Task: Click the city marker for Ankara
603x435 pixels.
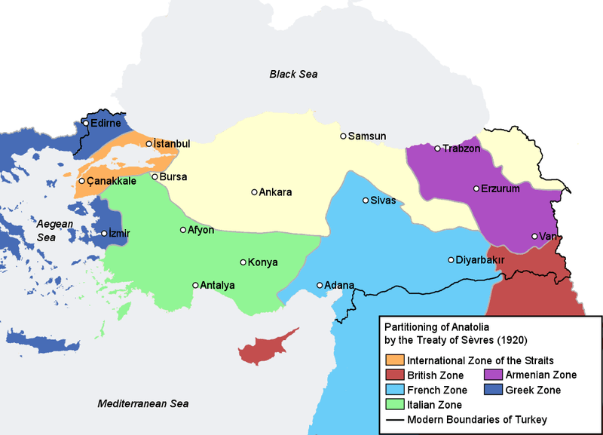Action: click(x=254, y=192)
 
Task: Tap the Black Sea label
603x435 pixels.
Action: click(x=294, y=74)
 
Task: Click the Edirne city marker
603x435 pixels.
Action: click(x=86, y=123)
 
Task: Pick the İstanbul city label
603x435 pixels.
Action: click(x=172, y=144)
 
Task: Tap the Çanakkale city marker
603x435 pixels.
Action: click(x=81, y=181)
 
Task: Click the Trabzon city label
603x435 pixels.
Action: click(x=461, y=149)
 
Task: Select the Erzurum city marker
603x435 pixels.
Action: click(x=476, y=188)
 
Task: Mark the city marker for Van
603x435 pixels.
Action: click(x=534, y=236)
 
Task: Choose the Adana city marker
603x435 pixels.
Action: click(x=320, y=285)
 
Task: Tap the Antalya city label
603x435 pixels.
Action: click(x=218, y=286)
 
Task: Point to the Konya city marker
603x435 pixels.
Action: click(x=243, y=262)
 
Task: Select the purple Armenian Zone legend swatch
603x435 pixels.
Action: click(x=493, y=375)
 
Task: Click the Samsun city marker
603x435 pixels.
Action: click(x=343, y=136)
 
